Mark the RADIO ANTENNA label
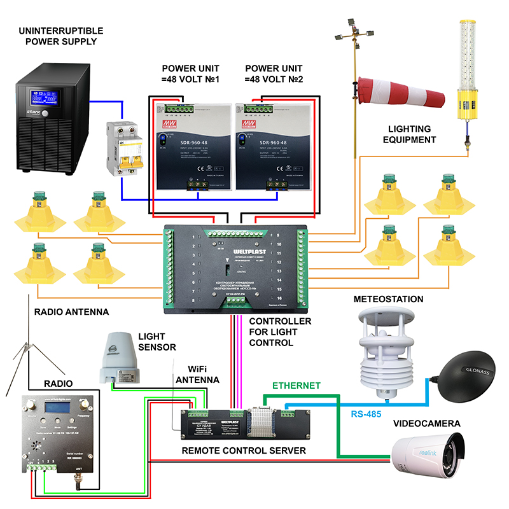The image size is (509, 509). click(x=71, y=312)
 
